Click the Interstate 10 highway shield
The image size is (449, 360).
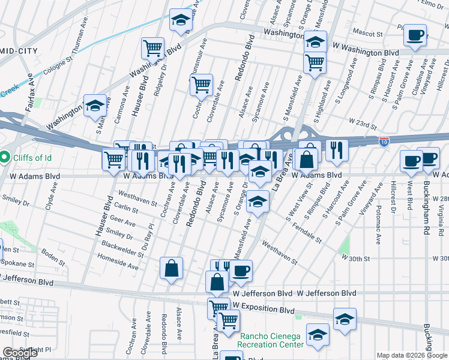click(x=384, y=141)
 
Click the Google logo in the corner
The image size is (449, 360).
click(x=20, y=352)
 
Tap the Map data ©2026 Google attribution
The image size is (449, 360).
click(x=411, y=355)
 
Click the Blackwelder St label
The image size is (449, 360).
click(x=122, y=248)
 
